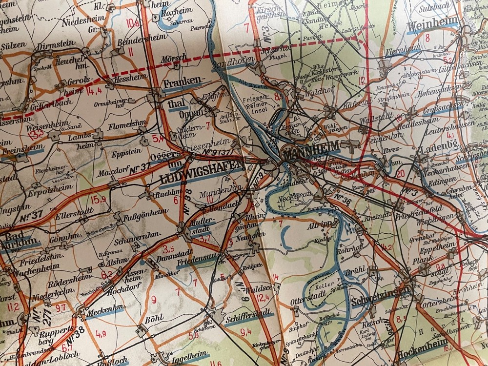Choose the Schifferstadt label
click(x=249, y=318)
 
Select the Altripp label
click(x=320, y=226)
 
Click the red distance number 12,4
click(x=262, y=298)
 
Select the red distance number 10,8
click(x=132, y=22)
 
